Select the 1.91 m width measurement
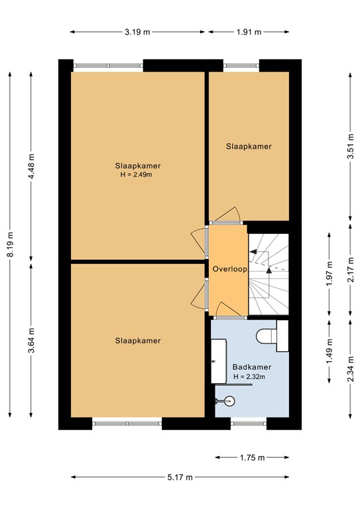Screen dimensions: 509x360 click(x=248, y=31)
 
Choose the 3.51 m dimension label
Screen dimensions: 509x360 click(x=349, y=144)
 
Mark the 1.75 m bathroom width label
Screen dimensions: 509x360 click(x=251, y=457)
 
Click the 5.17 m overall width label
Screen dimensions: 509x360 click(x=179, y=477)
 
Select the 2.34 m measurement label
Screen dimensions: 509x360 click(x=349, y=368)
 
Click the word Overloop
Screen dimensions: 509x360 click(x=229, y=269)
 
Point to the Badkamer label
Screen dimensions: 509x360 click(x=251, y=367)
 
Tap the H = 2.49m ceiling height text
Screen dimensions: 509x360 click(x=137, y=175)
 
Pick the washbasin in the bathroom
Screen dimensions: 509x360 click(x=218, y=361)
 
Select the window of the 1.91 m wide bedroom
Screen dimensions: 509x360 click(x=241, y=66)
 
